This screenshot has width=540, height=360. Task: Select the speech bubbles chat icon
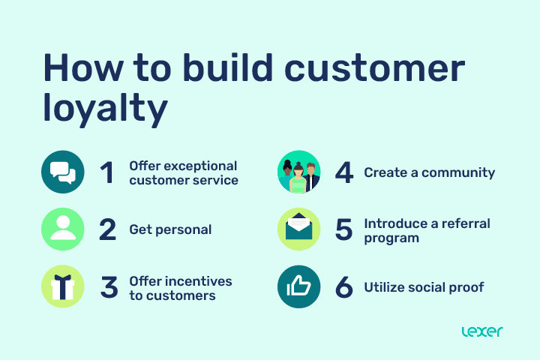click(63, 172)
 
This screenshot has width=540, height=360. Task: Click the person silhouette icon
click(63, 229)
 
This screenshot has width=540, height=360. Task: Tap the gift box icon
click(63, 286)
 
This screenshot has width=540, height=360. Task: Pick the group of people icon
click(298, 172)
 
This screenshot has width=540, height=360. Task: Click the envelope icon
click(298, 229)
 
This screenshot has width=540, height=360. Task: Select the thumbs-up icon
click(298, 286)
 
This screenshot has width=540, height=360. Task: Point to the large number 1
click(107, 173)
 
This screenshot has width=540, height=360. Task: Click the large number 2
click(108, 229)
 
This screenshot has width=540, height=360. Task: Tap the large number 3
click(109, 287)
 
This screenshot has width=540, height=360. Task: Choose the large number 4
click(344, 173)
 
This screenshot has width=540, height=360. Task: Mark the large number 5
click(343, 229)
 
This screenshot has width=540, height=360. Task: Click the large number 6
click(343, 287)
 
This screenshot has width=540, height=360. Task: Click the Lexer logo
click(481, 331)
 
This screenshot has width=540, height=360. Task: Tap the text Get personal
click(170, 229)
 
